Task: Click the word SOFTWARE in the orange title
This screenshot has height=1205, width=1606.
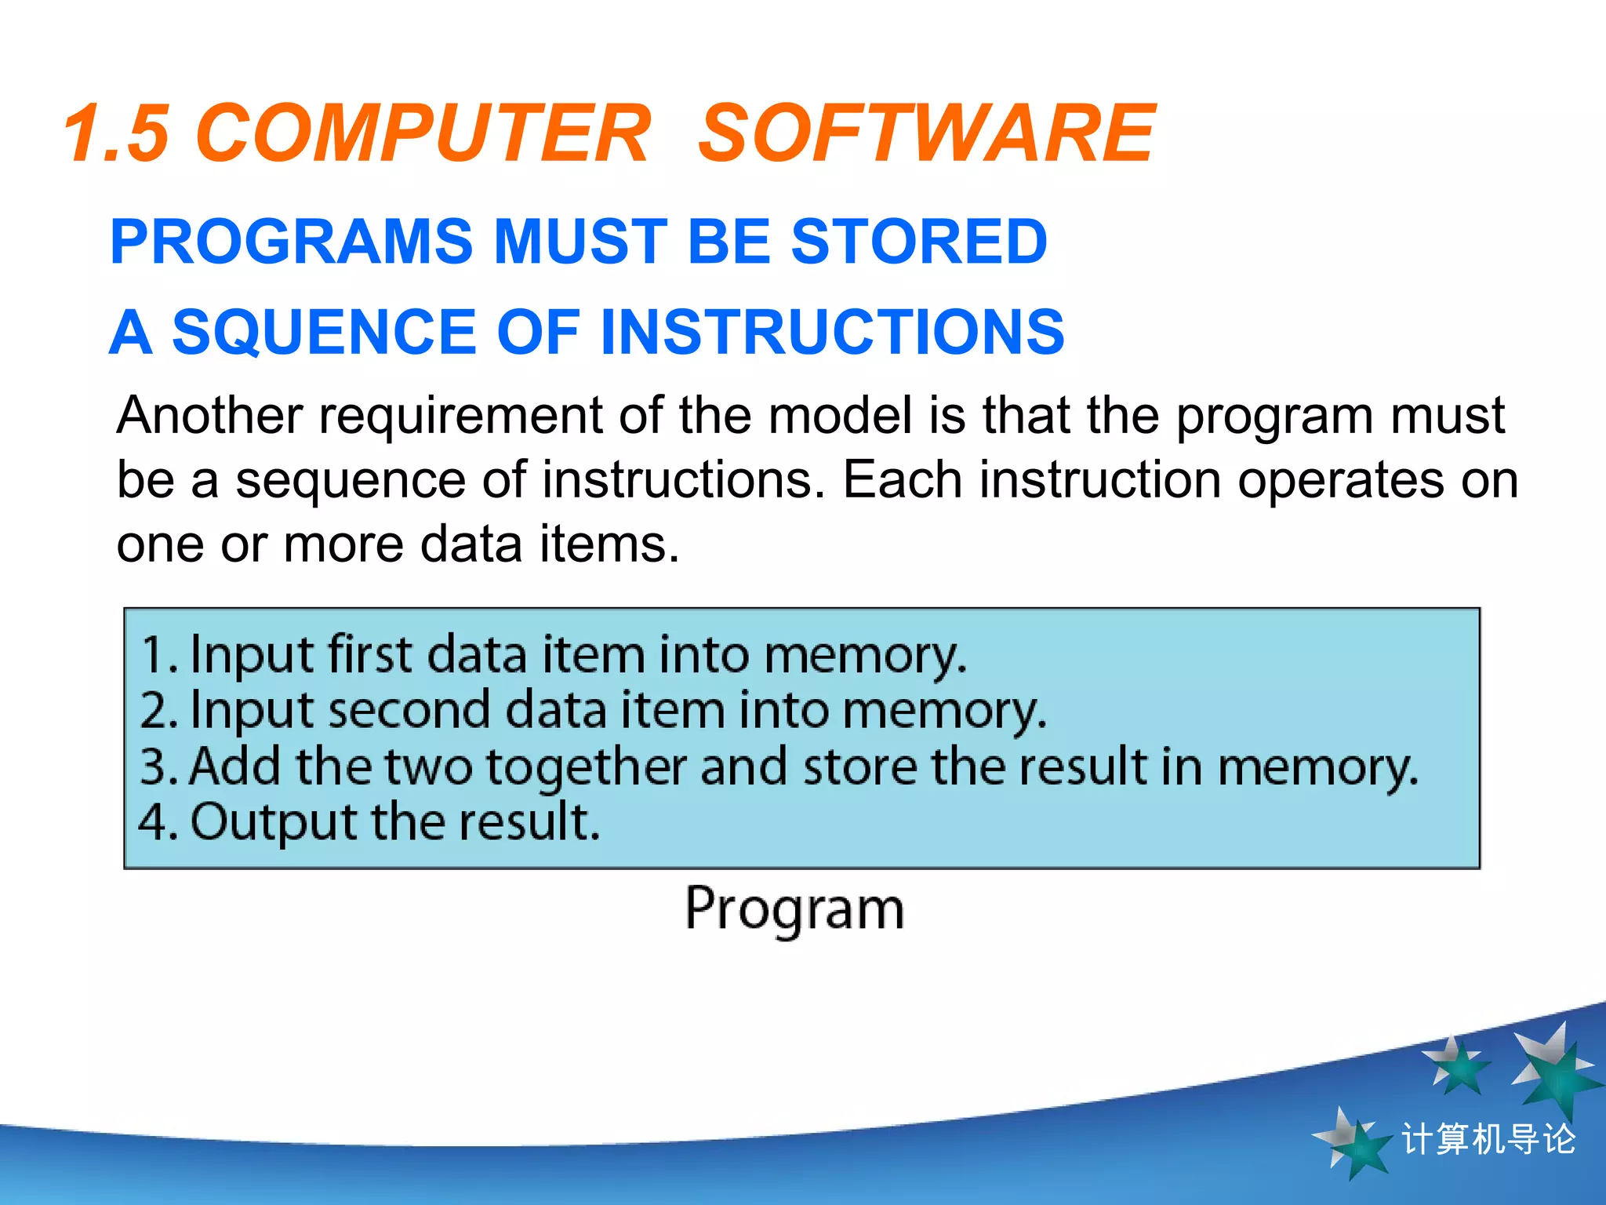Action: click(925, 133)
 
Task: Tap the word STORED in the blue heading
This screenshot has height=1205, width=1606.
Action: click(918, 241)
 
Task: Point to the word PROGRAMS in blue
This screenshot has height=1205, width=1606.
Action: click(291, 241)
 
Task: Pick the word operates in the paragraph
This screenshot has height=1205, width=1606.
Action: click(1340, 479)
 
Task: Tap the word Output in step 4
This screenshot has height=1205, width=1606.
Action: click(274, 822)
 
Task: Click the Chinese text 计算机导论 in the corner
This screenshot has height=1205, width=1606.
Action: click(1488, 1139)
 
